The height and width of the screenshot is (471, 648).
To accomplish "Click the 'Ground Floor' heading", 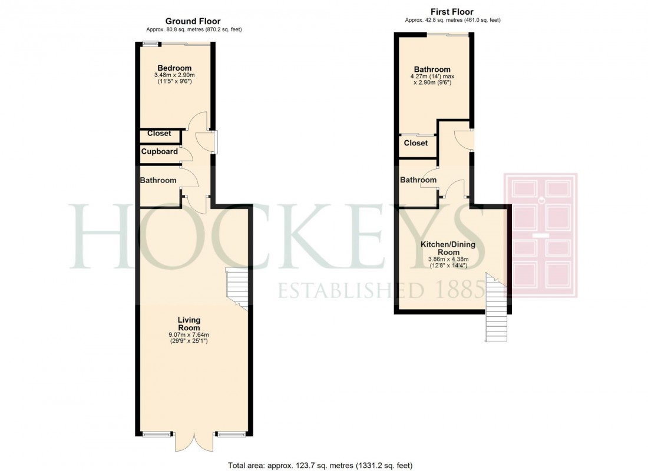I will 193,21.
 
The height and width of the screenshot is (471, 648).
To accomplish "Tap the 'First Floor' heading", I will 452,12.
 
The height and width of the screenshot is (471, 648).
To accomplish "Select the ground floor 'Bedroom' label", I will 174,68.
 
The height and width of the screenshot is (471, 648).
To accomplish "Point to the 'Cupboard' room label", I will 159,151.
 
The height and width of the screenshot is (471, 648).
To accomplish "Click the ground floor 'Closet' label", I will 159,134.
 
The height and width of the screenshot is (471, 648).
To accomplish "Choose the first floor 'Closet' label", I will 416,142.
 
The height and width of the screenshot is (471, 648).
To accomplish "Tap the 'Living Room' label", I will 189,324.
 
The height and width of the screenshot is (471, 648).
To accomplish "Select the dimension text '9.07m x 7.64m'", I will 189,336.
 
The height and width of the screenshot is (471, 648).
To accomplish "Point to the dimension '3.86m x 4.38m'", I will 448,259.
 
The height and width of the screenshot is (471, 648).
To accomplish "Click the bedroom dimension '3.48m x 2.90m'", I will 174,75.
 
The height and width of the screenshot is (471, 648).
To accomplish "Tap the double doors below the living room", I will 193,442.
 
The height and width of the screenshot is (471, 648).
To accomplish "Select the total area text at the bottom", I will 320,465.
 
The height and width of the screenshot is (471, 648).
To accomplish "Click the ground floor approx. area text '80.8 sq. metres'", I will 194,29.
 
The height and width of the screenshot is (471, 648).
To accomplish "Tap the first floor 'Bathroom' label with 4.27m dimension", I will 432,69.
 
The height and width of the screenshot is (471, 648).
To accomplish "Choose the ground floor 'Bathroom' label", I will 158,180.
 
